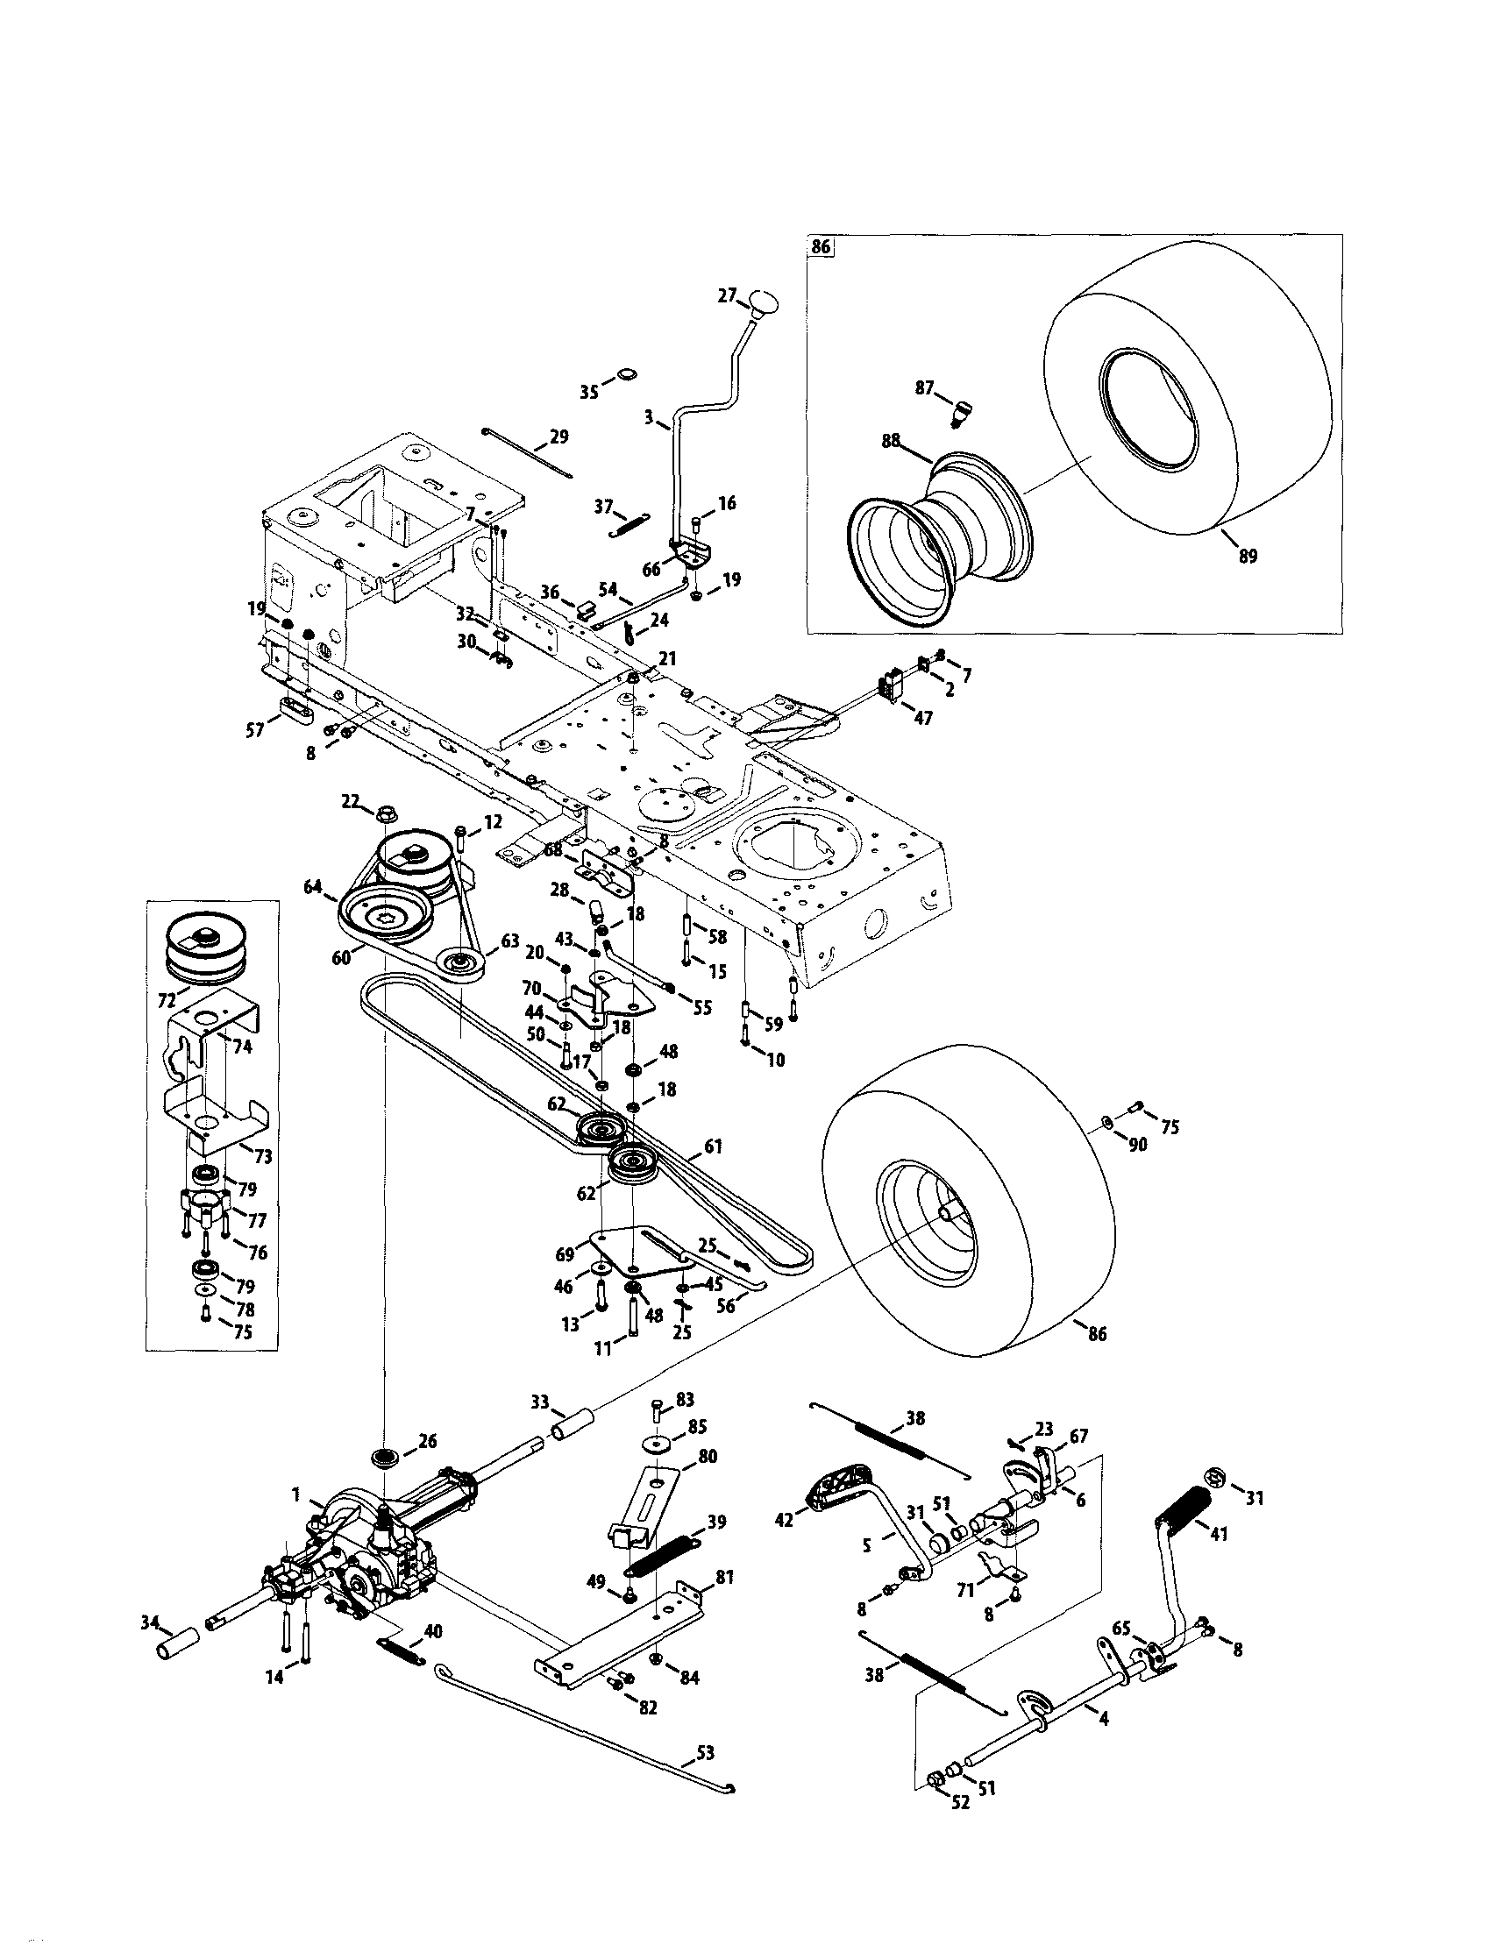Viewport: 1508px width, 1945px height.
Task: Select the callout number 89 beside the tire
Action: [1248, 557]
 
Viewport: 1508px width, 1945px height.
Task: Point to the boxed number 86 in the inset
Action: [821, 247]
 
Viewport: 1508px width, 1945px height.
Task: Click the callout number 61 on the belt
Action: [712, 1147]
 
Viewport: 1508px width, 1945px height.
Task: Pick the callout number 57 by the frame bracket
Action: [256, 729]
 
